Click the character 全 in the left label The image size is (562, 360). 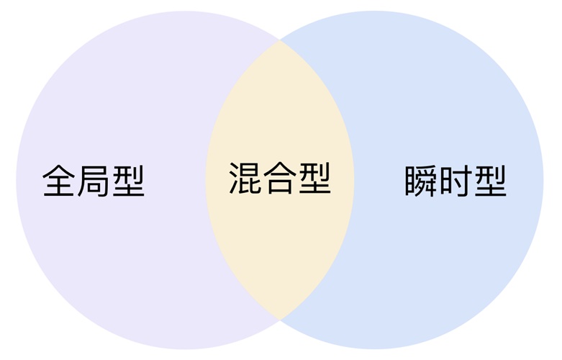[58, 180]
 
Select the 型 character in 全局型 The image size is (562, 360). [128, 181]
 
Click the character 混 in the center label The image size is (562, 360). [245, 179]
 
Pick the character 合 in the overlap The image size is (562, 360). [280, 179]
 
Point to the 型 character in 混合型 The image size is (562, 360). [315, 179]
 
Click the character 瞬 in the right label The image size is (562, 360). [421, 181]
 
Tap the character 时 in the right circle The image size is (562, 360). [456, 181]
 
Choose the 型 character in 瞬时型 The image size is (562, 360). [491, 181]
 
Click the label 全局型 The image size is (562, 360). [94, 181]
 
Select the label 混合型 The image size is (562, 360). [280, 179]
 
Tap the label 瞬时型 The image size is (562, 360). [456, 181]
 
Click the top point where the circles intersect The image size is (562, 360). [280, 40]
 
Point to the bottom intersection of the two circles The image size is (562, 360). [280, 319]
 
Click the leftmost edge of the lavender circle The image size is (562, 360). [16, 180]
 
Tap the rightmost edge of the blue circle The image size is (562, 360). [544, 180]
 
